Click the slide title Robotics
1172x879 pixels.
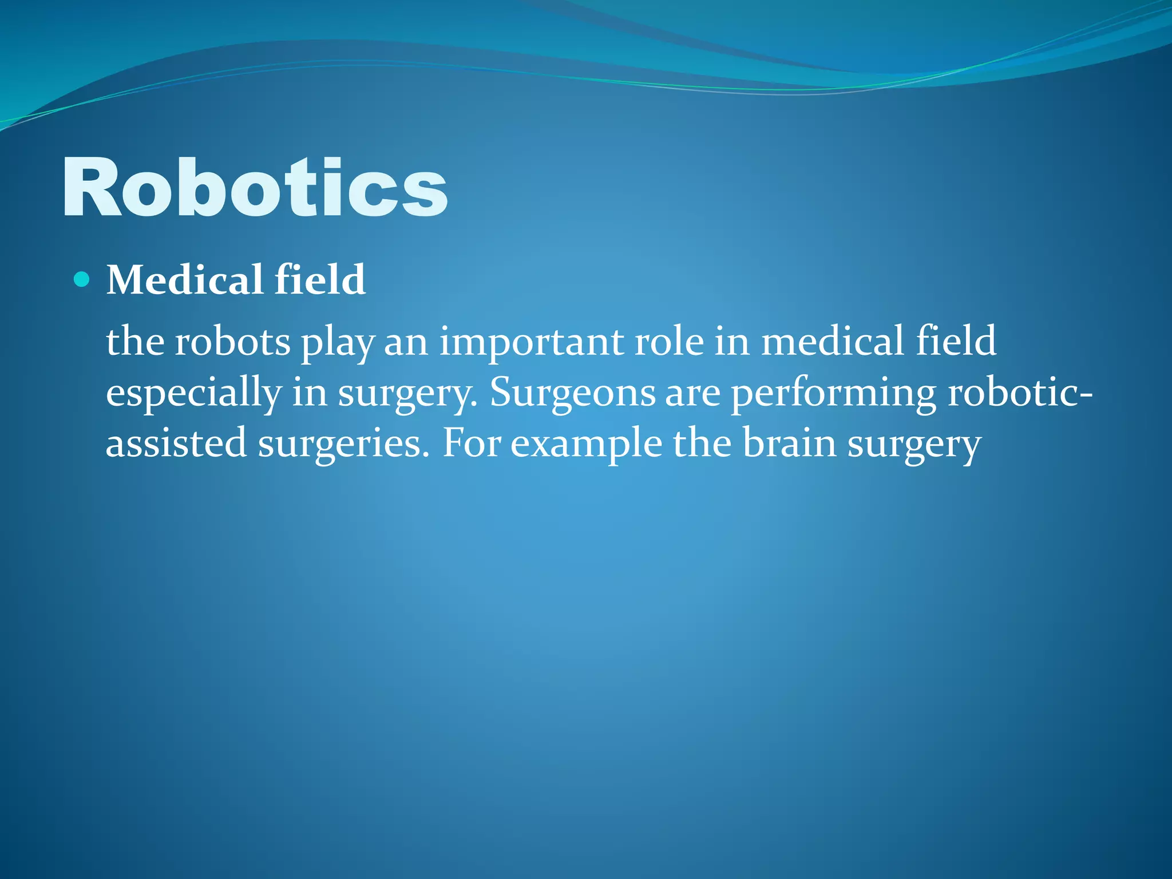pyautogui.click(x=255, y=188)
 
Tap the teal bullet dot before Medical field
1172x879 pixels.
pyautogui.click(x=82, y=280)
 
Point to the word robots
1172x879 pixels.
pyautogui.click(x=232, y=342)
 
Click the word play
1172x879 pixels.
pyautogui.click(x=338, y=343)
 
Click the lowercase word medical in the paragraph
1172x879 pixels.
pyautogui.click(x=832, y=342)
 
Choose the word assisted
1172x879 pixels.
pyautogui.click(x=176, y=444)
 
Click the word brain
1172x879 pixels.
pyautogui.click(x=789, y=444)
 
